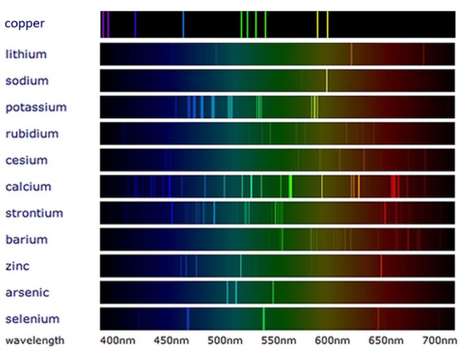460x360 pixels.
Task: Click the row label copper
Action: click(x=24, y=24)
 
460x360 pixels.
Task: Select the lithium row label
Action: click(x=26, y=54)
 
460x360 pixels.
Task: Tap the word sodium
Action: click(x=27, y=81)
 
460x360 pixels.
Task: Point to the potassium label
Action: click(x=36, y=107)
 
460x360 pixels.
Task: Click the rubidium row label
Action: click(x=32, y=133)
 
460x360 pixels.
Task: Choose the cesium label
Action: click(x=26, y=160)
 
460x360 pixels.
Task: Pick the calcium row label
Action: click(x=28, y=187)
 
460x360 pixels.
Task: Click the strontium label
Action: click(x=34, y=213)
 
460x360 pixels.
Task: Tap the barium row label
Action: click(x=26, y=239)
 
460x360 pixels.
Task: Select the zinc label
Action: click(x=17, y=266)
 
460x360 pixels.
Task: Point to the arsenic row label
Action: click(x=27, y=292)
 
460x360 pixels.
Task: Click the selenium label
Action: click(x=32, y=319)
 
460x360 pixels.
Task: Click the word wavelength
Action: click(x=35, y=340)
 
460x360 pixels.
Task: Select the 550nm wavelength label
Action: click(x=279, y=340)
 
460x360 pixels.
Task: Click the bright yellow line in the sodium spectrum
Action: click(x=326, y=81)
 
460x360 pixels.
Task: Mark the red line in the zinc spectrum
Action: click(x=381, y=266)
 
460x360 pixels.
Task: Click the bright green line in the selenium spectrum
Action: click(x=263, y=319)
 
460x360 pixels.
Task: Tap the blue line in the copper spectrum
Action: click(x=183, y=24)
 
